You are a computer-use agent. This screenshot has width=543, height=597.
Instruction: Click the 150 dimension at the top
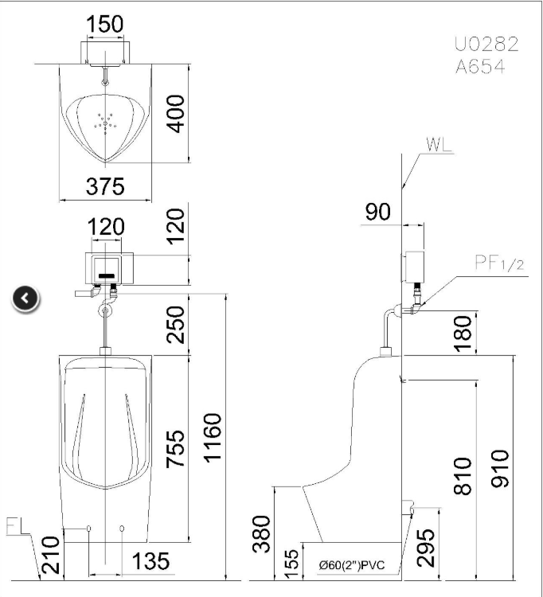click(x=105, y=25)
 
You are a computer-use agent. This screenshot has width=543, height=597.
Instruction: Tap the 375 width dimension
click(x=106, y=185)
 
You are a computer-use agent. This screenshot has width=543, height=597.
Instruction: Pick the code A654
click(x=480, y=68)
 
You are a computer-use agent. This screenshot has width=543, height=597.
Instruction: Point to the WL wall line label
click(x=439, y=145)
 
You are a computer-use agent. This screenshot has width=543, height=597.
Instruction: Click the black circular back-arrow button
click(x=25, y=298)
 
